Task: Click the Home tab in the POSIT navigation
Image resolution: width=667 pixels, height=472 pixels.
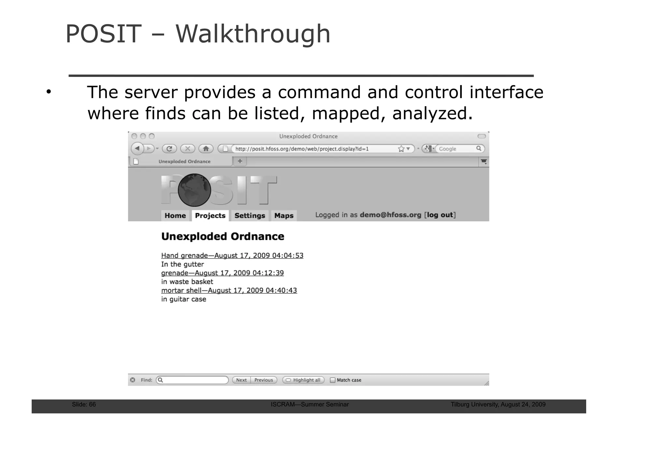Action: (175, 215)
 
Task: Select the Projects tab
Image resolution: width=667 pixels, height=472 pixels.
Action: (210, 215)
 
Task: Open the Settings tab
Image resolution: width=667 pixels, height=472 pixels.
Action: (249, 215)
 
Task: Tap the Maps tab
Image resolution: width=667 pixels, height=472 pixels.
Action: (284, 215)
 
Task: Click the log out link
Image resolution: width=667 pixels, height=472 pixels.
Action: (440, 215)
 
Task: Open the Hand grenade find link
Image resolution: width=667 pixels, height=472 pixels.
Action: (232, 256)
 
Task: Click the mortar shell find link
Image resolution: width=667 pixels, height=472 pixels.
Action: (229, 290)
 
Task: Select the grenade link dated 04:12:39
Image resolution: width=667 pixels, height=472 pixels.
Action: (222, 273)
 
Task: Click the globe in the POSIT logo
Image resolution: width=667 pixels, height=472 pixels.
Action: (194, 190)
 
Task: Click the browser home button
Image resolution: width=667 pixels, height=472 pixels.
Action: (206, 149)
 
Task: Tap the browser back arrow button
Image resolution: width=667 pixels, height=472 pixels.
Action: (137, 149)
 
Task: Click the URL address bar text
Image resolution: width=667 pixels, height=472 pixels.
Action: (302, 149)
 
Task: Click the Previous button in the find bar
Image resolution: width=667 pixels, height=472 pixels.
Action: (263, 380)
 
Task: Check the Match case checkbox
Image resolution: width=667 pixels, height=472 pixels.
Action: (333, 380)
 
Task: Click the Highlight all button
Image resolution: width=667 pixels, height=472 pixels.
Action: (303, 380)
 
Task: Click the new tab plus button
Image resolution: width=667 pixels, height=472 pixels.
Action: (240, 161)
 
